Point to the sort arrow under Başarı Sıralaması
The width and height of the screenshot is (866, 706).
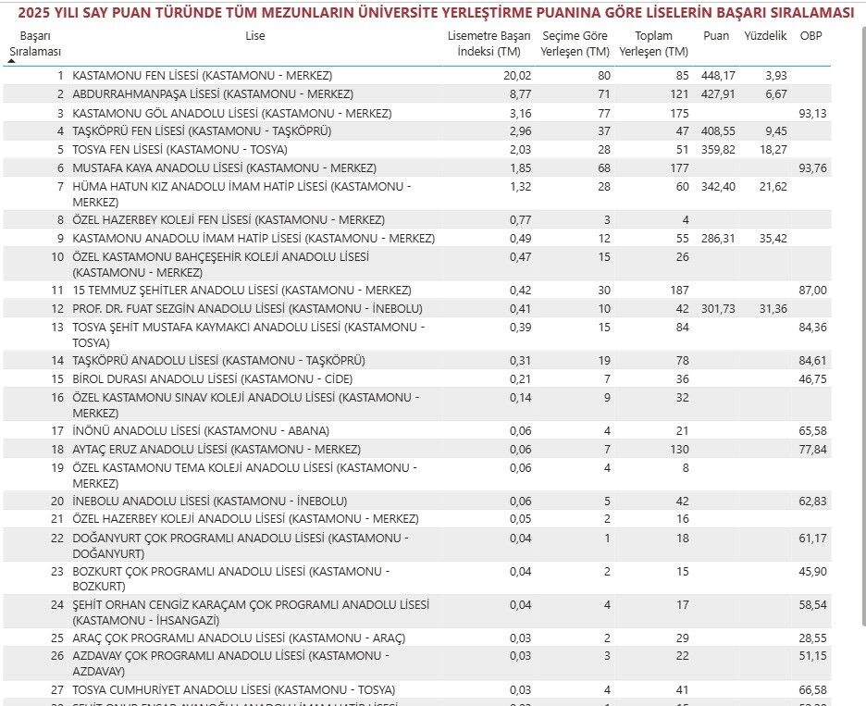click(x=11, y=60)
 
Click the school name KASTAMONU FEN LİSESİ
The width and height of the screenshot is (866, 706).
click(x=202, y=75)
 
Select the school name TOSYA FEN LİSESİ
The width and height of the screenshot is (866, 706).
click(x=179, y=149)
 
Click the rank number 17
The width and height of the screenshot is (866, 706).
click(x=57, y=430)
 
